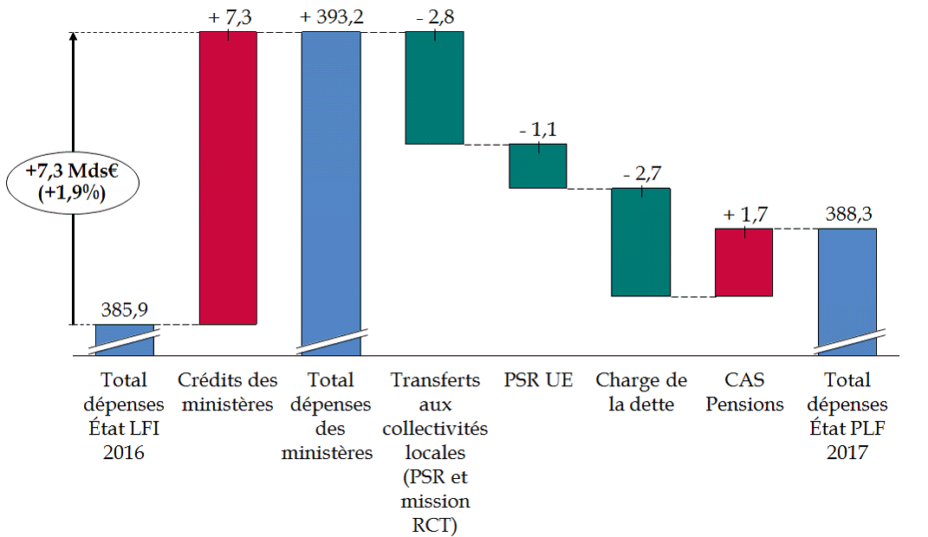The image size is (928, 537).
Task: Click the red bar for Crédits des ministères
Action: click(x=228, y=178)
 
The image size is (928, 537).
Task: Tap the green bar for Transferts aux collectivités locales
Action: click(x=435, y=87)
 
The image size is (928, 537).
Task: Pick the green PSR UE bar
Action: click(x=537, y=165)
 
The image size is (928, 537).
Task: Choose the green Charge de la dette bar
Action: click(x=640, y=242)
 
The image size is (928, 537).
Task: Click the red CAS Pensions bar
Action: click(x=743, y=262)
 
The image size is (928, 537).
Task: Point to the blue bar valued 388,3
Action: click(x=847, y=286)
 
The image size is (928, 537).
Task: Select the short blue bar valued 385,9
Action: click(x=124, y=340)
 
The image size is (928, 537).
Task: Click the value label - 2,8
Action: click(x=435, y=16)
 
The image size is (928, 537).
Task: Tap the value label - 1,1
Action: click(x=537, y=130)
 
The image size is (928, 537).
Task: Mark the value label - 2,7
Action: click(x=641, y=173)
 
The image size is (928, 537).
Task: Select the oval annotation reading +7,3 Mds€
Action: click(x=72, y=182)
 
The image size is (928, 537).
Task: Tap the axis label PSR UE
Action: click(x=537, y=379)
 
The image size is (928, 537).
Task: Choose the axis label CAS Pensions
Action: click(x=743, y=391)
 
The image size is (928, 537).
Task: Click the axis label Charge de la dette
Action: click(x=641, y=391)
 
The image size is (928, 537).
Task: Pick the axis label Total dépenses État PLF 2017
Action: click(x=847, y=416)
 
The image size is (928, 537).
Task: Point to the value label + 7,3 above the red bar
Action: click(x=228, y=16)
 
